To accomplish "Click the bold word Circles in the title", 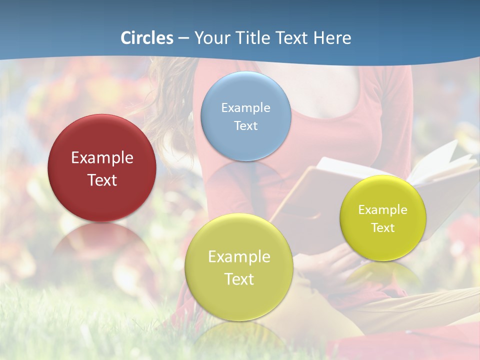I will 147,38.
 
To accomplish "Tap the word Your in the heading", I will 210,38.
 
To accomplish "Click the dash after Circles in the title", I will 183,38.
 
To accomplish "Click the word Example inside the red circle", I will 102,158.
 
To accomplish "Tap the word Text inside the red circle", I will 102,180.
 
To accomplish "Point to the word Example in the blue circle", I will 245,108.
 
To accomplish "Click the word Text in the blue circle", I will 245,125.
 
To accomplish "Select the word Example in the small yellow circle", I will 382,210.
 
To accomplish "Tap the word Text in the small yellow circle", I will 382,228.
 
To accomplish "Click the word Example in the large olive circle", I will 239,257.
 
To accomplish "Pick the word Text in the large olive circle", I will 239,279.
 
